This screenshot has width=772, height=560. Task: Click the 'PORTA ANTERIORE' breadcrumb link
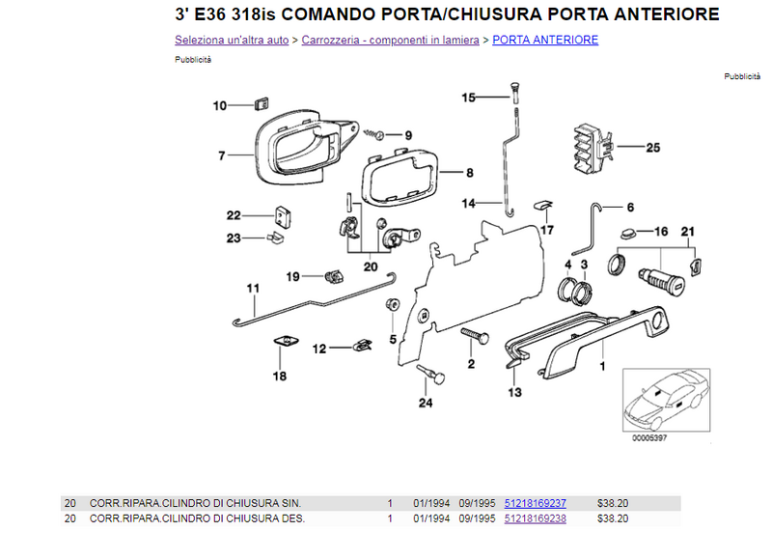pos(545,40)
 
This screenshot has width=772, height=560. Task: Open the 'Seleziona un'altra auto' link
pos(232,40)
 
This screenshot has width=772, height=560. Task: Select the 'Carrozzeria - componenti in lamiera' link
pos(391,40)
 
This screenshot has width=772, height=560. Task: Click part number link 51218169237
pos(536,503)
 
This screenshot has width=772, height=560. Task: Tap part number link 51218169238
pos(536,518)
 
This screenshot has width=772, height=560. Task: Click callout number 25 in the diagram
pos(653,148)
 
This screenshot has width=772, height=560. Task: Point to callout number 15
pos(468,98)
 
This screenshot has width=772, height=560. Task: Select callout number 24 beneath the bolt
pos(426,403)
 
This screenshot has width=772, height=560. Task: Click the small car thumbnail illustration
pos(666,400)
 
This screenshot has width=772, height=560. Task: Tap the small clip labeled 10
pos(262,104)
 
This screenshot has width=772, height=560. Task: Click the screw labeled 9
pos(374,134)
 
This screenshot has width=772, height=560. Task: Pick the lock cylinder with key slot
pos(661,279)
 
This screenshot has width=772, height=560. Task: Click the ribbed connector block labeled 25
pos(593,149)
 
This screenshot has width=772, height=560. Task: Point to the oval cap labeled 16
pos(628,232)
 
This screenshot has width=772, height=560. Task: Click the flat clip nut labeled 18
pos(286,340)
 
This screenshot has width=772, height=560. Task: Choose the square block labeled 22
pos(282,217)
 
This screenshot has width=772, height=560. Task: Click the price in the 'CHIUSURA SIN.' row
pos(613,503)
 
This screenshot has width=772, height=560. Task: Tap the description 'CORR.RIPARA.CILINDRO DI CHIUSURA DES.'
pos(197,518)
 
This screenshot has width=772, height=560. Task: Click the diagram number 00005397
pos(649,437)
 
